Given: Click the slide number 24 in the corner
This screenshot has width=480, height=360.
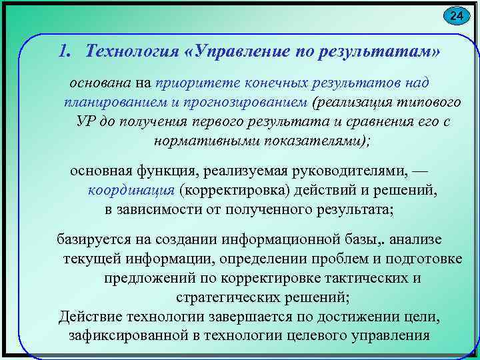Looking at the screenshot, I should [x=456, y=15].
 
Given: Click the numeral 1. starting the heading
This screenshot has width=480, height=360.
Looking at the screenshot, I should [x=65, y=51].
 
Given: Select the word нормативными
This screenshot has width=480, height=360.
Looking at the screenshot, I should [x=199, y=142].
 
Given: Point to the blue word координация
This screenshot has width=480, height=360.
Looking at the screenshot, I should [x=131, y=191].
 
